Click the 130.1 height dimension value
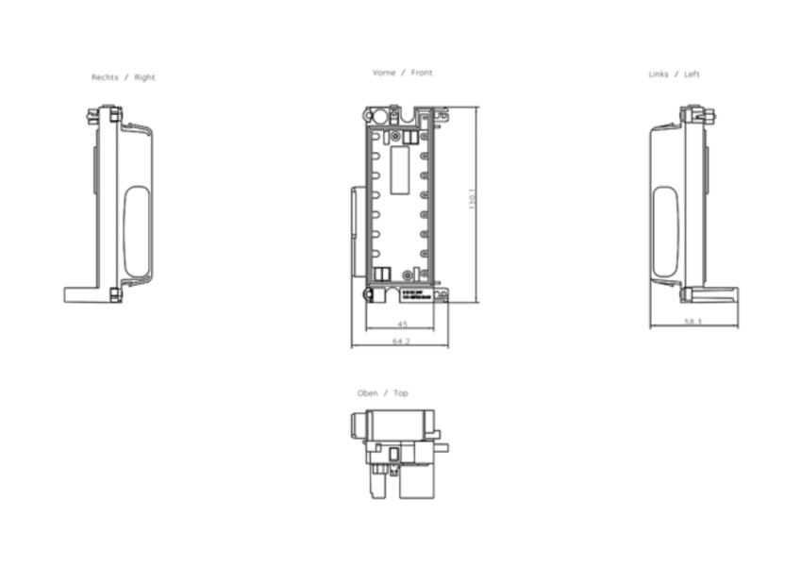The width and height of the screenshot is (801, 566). coord(473,199)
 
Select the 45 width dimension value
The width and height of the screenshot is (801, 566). coord(402,323)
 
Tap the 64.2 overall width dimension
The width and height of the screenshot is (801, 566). coord(401,341)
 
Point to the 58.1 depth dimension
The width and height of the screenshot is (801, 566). coord(693,322)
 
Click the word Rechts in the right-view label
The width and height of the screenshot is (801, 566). coord(105,77)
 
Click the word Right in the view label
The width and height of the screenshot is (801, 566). coord(144,77)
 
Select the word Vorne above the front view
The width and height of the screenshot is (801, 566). coord(384,73)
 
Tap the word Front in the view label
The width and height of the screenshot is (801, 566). coord(422,73)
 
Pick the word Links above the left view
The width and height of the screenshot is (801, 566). coord(659,75)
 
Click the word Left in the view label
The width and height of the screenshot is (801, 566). coord(693,75)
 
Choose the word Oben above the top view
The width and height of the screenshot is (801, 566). coord(368,393)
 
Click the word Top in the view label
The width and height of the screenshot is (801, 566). coord(401,393)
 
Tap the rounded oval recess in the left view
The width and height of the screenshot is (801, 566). coord(666,231)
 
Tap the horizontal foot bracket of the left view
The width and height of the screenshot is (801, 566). coord(717,293)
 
